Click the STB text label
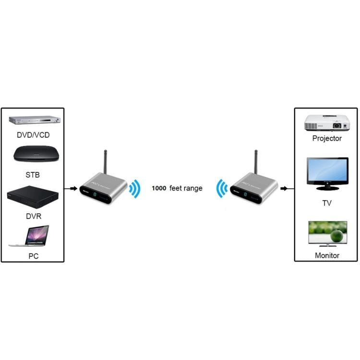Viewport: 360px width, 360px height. point(33,174)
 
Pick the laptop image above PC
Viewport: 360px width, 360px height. point(30,236)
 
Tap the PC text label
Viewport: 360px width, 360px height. point(33,256)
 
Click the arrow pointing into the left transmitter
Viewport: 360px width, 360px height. point(72,188)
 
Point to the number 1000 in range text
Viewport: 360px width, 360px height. point(159,189)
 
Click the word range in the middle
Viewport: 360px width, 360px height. point(193,189)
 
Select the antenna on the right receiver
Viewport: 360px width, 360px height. point(256,162)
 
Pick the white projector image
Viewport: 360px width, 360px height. point(326,122)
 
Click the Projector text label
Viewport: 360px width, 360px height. point(327,139)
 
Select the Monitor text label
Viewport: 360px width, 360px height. point(327,255)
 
